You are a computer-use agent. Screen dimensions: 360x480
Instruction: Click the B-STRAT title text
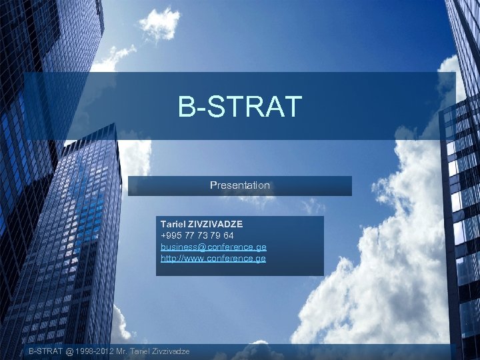[240, 107]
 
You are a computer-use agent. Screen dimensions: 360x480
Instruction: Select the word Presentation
[240, 185]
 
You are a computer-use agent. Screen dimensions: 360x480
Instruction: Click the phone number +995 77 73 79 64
[197, 236]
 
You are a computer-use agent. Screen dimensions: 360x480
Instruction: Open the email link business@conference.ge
[213, 247]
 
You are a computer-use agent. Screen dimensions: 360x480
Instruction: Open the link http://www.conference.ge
[213, 258]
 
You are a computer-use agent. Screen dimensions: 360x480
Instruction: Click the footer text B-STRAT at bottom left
[45, 351]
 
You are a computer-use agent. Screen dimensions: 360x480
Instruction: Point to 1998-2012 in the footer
[93, 351]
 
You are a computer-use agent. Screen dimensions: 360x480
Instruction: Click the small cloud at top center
[159, 23]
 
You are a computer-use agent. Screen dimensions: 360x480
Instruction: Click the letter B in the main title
[186, 107]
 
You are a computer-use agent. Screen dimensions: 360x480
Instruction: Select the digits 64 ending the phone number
[228, 236]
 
